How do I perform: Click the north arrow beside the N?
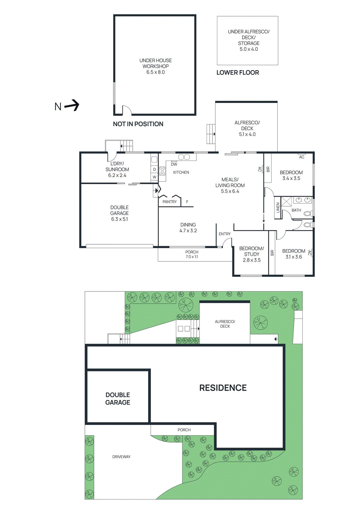pyautogui.click(x=72, y=105)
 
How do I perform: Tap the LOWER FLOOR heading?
pyautogui.click(x=238, y=73)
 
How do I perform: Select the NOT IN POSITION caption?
pyautogui.click(x=138, y=124)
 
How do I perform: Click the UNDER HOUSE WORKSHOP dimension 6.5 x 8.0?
pyautogui.click(x=155, y=72)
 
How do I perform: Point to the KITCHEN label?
pyautogui.click(x=181, y=173)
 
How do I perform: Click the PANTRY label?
pyautogui.click(x=170, y=202)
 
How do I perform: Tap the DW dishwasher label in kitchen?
pyautogui.click(x=174, y=164)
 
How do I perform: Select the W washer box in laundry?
pyautogui.click(x=154, y=177)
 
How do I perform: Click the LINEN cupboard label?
pyautogui.click(x=278, y=207)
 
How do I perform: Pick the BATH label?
pyautogui.click(x=296, y=210)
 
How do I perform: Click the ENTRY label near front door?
pyautogui.click(x=224, y=234)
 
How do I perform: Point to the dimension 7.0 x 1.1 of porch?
pyautogui.click(x=192, y=257)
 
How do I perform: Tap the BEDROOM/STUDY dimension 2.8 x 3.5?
pyautogui.click(x=252, y=260)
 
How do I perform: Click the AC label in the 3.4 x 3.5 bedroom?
pyautogui.click(x=302, y=157)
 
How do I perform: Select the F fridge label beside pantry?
pyautogui.click(x=187, y=202)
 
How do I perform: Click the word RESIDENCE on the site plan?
pyautogui.click(x=223, y=388)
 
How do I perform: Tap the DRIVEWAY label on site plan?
pyautogui.click(x=121, y=457)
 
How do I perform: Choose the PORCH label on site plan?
pyautogui.click(x=184, y=430)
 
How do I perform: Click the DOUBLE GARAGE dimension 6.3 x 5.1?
pyautogui.click(x=119, y=219)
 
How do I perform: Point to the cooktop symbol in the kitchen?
pyautogui.click(x=162, y=171)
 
